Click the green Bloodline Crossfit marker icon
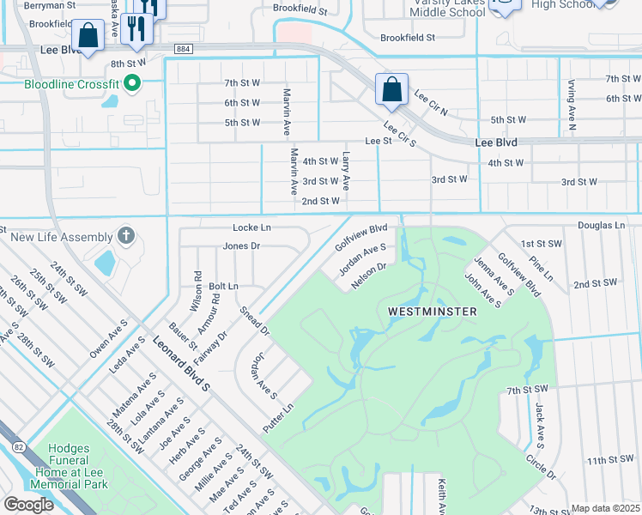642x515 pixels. pos(131,83)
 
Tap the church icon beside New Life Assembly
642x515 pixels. pos(126,236)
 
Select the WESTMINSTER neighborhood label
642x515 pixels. pos(432,312)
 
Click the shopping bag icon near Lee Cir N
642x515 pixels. pos(391,90)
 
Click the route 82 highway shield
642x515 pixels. pos(17,445)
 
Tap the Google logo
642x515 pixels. pos(28,505)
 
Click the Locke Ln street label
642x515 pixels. pos(251,227)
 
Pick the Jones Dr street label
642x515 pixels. pos(241,246)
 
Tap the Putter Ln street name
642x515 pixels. pos(279,417)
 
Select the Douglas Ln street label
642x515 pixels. pos(601,225)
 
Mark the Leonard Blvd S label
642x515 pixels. pos(181,367)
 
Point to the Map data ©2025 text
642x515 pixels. pos(605,508)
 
